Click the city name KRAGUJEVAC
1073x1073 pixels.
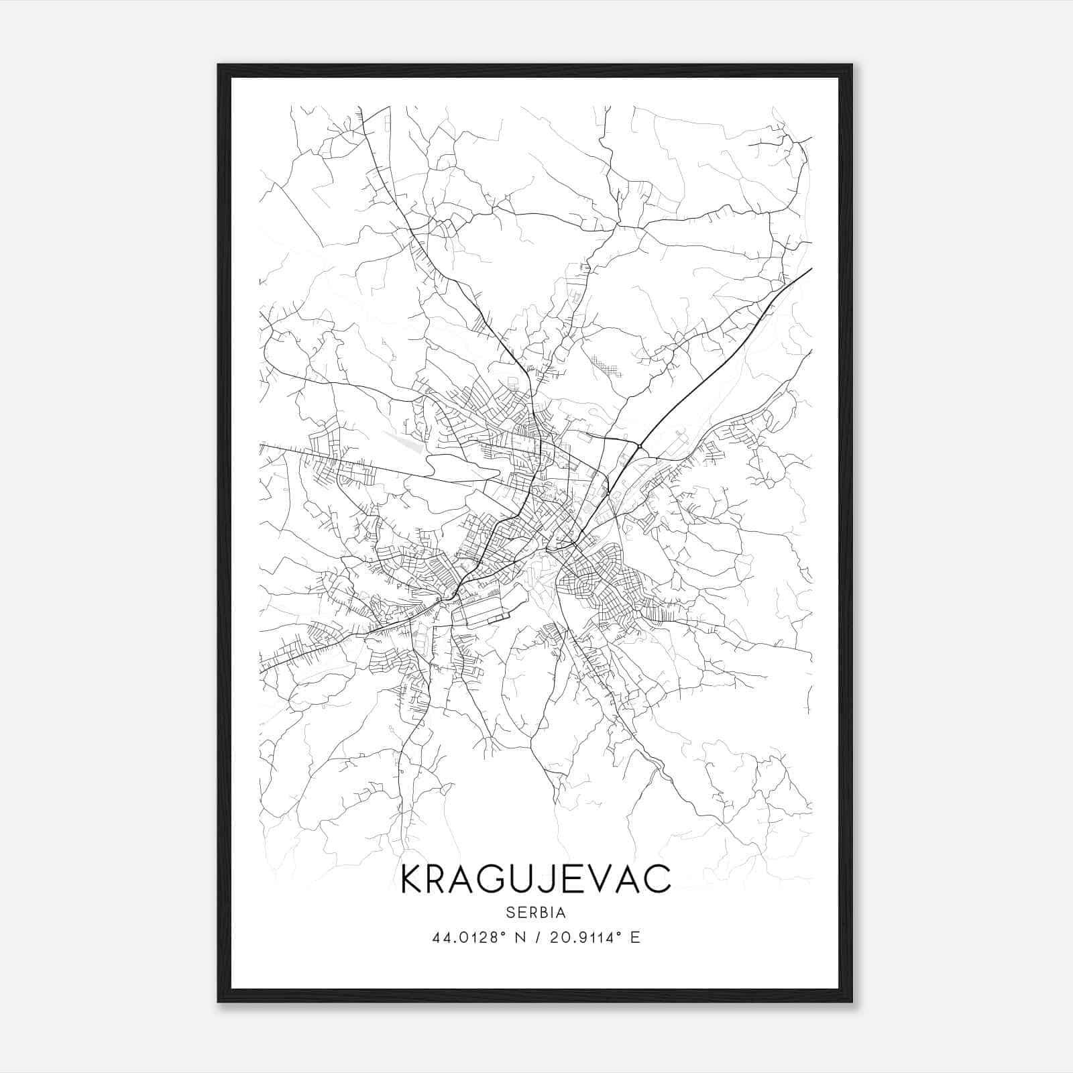click(x=535, y=879)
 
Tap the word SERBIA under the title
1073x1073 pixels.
click(x=536, y=912)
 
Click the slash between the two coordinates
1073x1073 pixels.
click(x=538, y=937)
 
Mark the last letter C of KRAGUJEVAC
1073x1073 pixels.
click(x=659, y=879)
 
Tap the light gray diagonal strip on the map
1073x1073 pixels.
click(x=404, y=441)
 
